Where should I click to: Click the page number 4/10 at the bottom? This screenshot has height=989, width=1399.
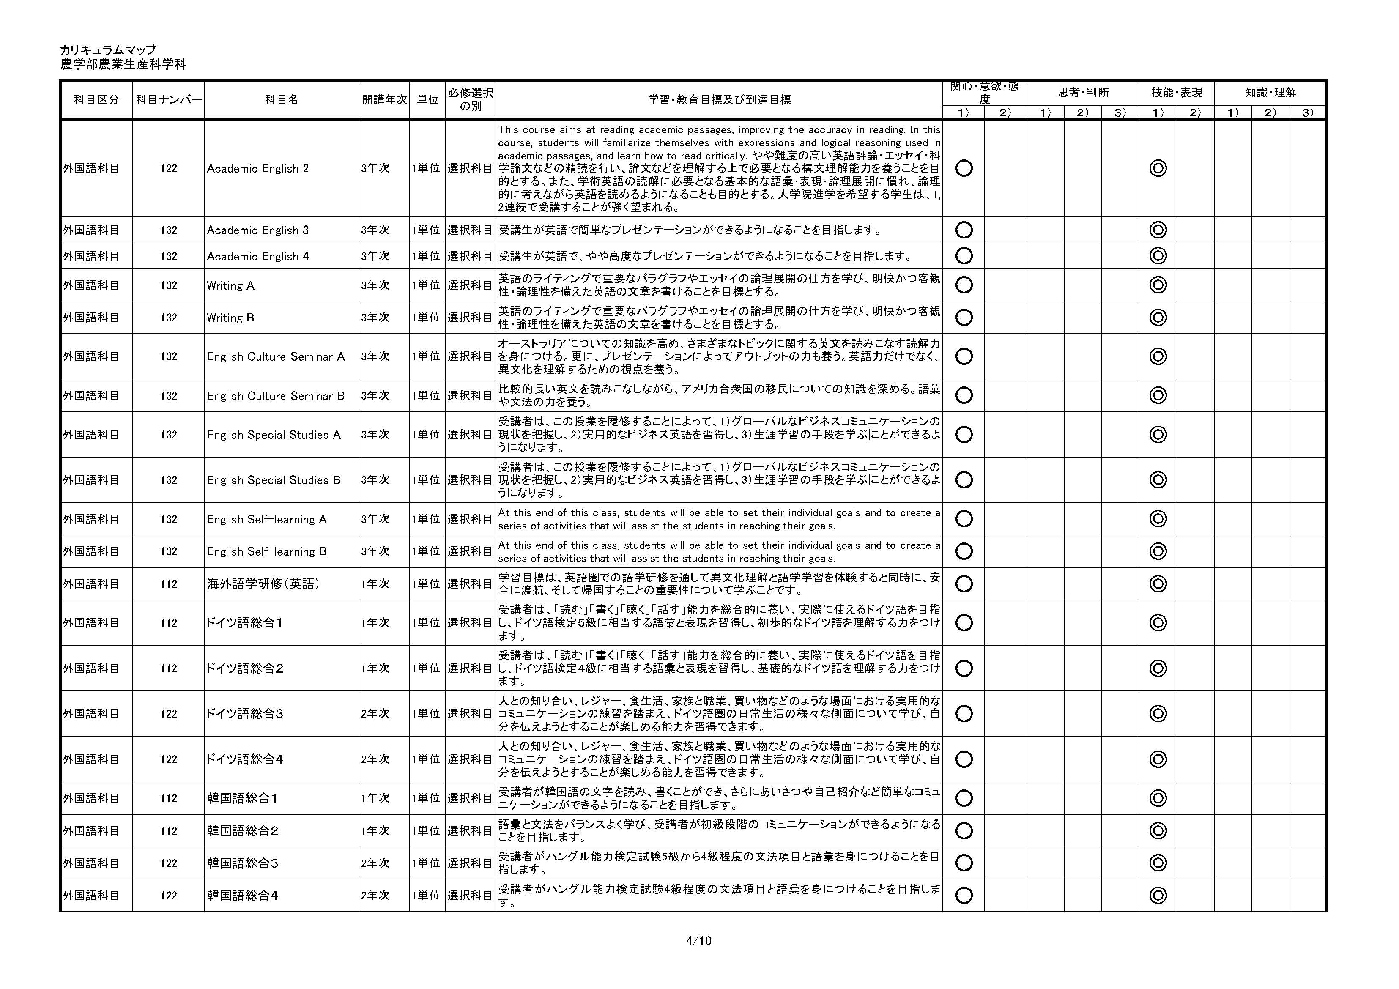point(698,940)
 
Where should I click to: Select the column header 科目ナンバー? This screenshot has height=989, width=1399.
point(168,100)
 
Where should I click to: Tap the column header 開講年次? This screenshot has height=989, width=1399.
point(384,100)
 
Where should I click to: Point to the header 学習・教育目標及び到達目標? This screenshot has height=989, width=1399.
point(719,100)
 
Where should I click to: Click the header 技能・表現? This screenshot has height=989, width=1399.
point(1176,93)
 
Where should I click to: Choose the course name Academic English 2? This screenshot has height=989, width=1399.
point(258,169)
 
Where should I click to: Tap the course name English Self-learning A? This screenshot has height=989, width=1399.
point(266,520)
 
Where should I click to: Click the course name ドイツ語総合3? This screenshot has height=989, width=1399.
point(245,714)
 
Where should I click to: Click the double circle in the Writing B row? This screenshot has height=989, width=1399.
point(1158,318)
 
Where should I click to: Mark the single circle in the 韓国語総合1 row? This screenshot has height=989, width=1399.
point(964,798)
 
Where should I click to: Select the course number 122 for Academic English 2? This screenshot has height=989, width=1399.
point(169,169)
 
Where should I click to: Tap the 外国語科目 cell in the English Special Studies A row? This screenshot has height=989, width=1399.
point(91,435)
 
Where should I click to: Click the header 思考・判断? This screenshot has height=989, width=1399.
point(1083,93)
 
